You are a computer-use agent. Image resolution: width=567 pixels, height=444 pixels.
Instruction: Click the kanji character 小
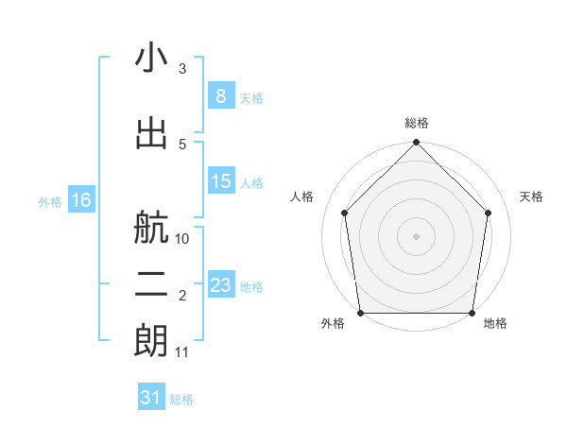tap(151, 59)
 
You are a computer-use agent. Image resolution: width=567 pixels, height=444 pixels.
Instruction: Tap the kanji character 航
tap(151, 228)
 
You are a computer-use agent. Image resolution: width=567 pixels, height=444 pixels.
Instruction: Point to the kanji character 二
tap(151, 286)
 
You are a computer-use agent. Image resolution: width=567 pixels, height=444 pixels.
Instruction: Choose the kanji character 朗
tap(151, 341)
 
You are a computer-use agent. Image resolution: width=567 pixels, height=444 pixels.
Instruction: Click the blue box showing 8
tap(220, 95)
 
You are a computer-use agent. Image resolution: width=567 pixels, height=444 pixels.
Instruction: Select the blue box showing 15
tap(220, 180)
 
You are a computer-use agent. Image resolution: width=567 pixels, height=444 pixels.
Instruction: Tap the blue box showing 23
tap(220, 284)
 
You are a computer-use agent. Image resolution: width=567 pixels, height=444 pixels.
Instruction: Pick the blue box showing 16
tap(80, 200)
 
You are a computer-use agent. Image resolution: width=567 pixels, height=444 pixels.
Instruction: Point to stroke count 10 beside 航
tap(182, 239)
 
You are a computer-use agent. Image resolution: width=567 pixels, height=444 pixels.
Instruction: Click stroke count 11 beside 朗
tap(182, 352)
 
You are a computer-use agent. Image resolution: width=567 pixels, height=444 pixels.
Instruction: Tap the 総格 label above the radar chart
tap(417, 123)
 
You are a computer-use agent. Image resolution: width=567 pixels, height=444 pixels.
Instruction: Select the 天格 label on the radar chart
tap(531, 196)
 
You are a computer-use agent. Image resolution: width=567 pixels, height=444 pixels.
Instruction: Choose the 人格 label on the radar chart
tap(302, 196)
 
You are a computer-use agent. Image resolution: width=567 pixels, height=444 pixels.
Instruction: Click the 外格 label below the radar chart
tap(333, 324)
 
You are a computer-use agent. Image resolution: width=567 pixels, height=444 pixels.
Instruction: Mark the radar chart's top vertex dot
tap(417, 144)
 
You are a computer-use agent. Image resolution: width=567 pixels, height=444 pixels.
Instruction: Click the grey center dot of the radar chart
tap(417, 235)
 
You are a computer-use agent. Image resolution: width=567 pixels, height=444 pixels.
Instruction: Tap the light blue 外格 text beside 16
tap(49, 201)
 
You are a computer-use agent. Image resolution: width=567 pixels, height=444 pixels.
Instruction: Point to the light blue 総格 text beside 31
tap(181, 400)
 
